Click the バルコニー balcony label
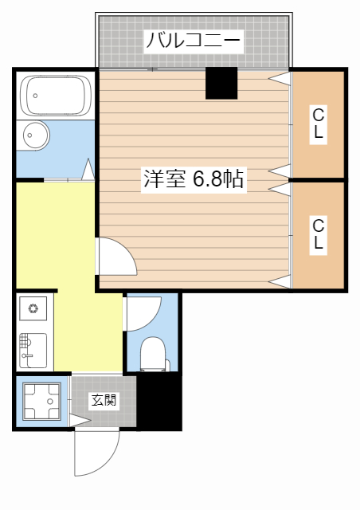[193, 40]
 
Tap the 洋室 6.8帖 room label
[193, 178]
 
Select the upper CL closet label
[318, 124]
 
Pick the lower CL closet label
[318, 233]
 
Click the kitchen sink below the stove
[33, 350]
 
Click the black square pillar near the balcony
[221, 83]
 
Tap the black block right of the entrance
[160, 402]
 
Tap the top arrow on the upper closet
[279, 78]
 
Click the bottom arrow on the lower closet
[279, 281]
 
